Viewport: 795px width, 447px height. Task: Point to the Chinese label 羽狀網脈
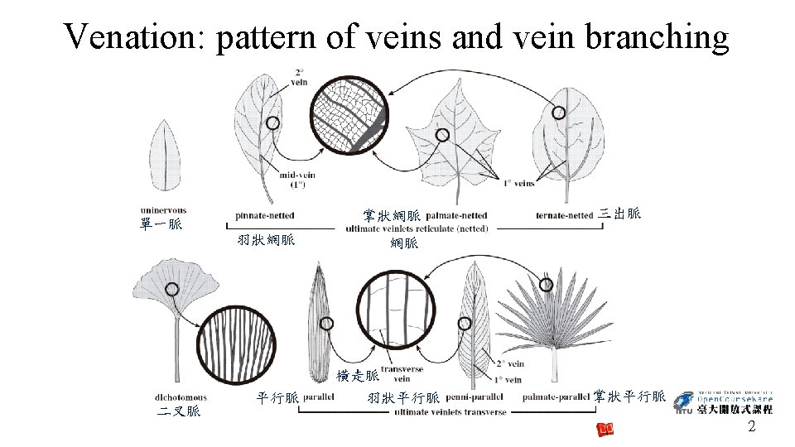click(x=265, y=241)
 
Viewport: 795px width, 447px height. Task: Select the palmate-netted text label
click(x=456, y=216)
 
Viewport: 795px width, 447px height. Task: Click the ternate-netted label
click(x=564, y=216)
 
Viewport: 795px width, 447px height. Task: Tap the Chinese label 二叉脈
click(x=180, y=411)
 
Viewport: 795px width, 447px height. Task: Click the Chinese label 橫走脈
click(x=357, y=376)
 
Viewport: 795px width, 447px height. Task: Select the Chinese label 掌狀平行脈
click(x=629, y=397)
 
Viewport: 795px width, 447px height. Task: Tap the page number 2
click(x=751, y=427)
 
